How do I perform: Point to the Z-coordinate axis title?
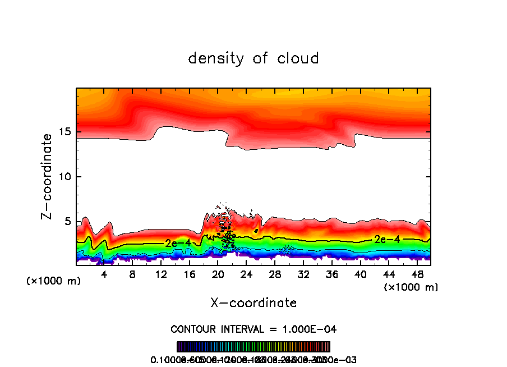48,176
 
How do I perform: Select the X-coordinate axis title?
253,303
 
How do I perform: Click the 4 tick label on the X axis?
104,274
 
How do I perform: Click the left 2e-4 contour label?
178,242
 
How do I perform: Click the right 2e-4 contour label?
387,240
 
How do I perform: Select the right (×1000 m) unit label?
411,287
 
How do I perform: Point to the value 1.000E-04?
311,329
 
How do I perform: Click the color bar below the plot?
253,346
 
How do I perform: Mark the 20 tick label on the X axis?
218,274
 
